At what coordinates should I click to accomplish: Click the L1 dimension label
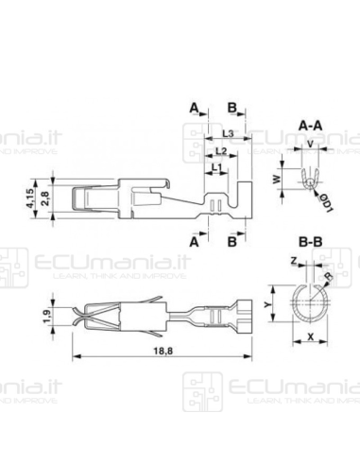(x=216, y=166)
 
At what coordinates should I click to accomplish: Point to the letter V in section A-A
(x=311, y=144)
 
